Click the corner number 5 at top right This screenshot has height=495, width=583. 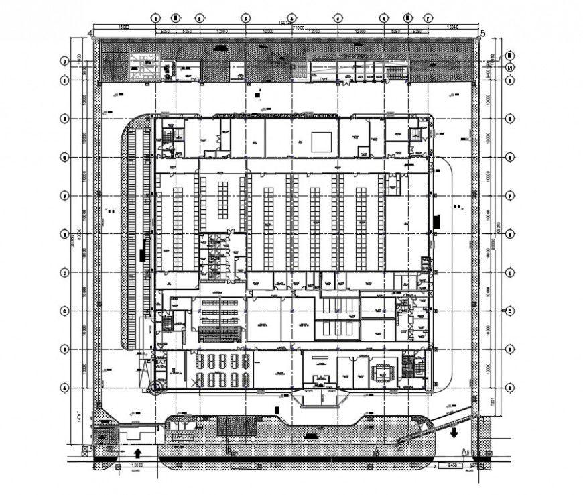click(x=482, y=32)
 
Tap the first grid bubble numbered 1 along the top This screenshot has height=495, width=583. click(x=156, y=18)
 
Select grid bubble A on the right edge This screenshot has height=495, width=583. click(x=509, y=388)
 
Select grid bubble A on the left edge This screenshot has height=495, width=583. click(x=65, y=388)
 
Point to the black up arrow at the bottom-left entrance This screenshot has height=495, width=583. click(x=137, y=453)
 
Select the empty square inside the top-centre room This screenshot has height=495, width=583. click(x=320, y=141)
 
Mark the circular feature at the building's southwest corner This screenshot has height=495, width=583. click(x=157, y=387)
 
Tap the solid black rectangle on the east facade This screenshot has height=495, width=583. click(x=437, y=219)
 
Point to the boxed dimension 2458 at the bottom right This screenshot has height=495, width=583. click(x=452, y=464)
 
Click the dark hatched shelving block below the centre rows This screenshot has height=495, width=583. click(x=219, y=334)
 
